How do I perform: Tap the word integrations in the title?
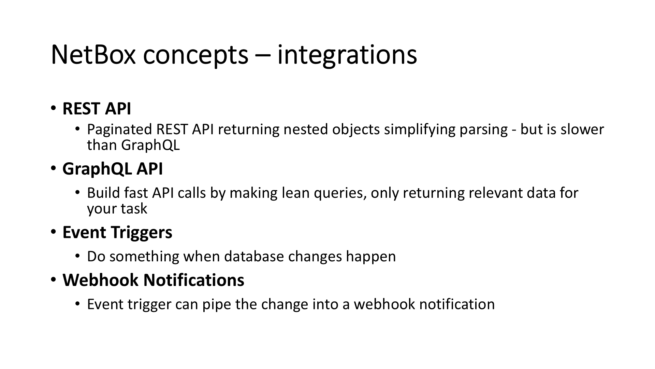347,55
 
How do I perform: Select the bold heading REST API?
97,109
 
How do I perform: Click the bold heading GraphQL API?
112,169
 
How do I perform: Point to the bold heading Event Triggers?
117,232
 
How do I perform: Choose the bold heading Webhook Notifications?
153,280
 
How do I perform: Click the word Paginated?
119,130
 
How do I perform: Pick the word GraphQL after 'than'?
150,145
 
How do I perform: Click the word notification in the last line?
457,304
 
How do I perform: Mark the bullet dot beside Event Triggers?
53,232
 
